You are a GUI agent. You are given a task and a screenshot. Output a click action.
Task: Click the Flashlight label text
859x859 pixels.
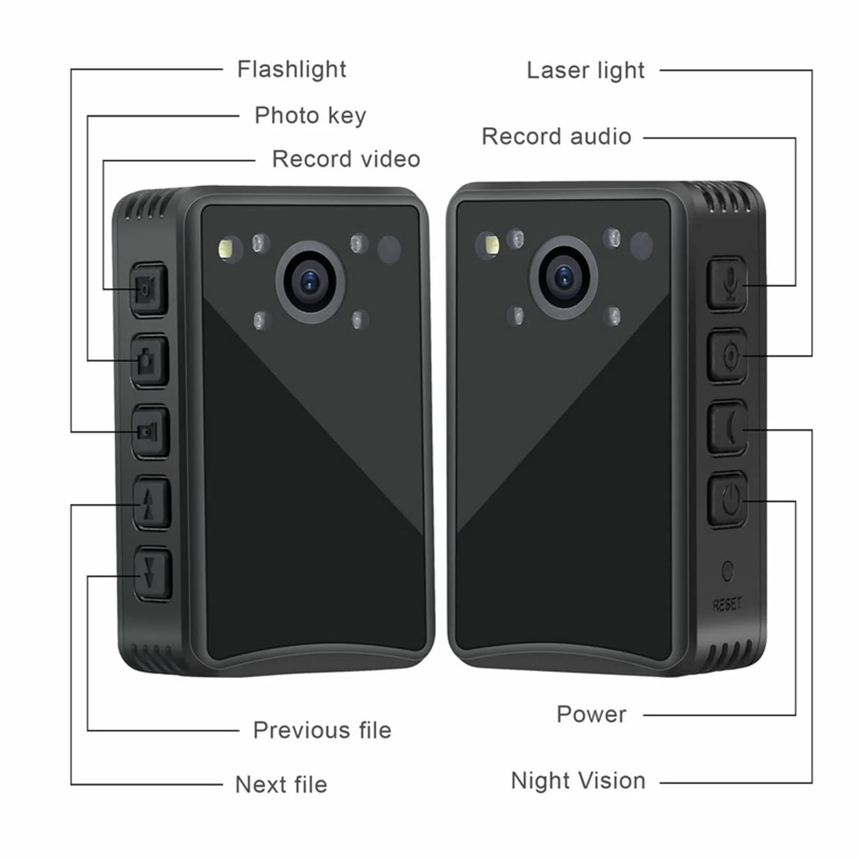point(291,70)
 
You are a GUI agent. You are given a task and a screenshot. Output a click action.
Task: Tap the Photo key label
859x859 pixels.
point(310,116)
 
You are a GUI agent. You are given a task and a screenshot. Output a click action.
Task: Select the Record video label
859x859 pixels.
point(346,159)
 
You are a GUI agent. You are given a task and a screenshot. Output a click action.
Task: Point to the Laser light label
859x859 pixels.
point(586,71)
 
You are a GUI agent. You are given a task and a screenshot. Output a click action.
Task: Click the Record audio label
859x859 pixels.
point(557,136)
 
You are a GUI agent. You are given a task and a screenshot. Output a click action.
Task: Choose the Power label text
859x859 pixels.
point(592,714)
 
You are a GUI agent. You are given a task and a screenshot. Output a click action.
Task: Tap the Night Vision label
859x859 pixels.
point(578,781)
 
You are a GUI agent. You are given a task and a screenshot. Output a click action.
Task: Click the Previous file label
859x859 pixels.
point(322,730)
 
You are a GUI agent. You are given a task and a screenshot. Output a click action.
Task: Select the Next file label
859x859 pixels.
point(281,784)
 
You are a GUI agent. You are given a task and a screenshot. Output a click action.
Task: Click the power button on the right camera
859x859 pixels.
point(728,499)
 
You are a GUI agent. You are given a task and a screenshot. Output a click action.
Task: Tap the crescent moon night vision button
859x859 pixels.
point(728,427)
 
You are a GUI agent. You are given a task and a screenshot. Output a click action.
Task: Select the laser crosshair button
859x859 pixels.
point(728,356)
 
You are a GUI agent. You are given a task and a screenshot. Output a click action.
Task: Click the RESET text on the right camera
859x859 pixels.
point(728,605)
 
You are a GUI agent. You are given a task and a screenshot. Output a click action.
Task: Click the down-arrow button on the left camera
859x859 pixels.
point(153,574)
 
